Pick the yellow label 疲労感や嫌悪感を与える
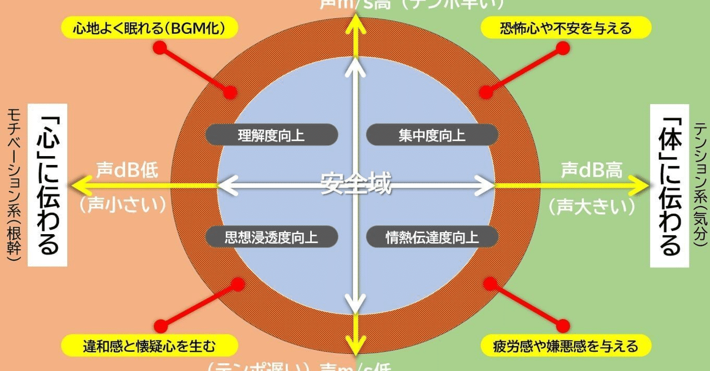565,346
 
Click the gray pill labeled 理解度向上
271,135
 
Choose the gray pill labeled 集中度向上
432,135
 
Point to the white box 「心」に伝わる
48,185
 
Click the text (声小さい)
123,205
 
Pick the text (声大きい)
591,207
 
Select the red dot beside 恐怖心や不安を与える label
562,49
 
